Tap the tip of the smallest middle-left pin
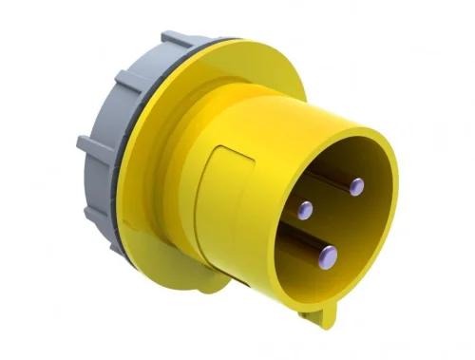(303, 209)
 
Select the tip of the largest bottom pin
(327, 254)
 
